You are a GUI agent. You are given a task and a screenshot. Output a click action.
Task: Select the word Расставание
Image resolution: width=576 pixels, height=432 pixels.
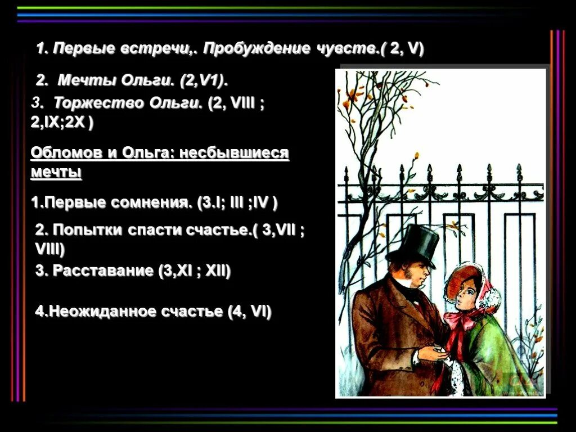pyautogui.click(x=102, y=271)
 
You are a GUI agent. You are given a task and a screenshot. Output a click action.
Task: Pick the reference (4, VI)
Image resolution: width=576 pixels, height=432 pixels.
pyautogui.click(x=249, y=311)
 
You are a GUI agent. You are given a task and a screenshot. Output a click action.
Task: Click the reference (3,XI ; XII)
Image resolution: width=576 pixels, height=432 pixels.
pyautogui.click(x=195, y=271)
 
